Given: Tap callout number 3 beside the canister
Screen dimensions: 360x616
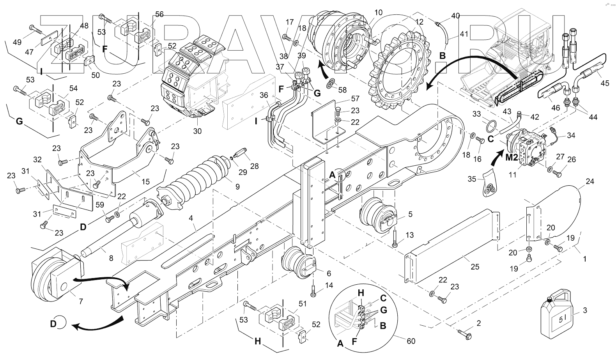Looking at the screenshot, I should [584, 310].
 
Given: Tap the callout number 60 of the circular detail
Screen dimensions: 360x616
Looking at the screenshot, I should [411, 341].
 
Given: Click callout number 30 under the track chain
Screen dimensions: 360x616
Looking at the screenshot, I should [198, 131].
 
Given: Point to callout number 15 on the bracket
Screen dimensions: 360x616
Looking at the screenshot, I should [145, 181].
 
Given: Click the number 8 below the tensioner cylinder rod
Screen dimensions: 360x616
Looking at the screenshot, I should [111, 258].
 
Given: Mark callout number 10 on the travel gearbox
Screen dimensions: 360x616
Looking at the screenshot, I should [378, 13].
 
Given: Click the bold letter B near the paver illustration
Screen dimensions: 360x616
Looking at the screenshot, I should [442, 56].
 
